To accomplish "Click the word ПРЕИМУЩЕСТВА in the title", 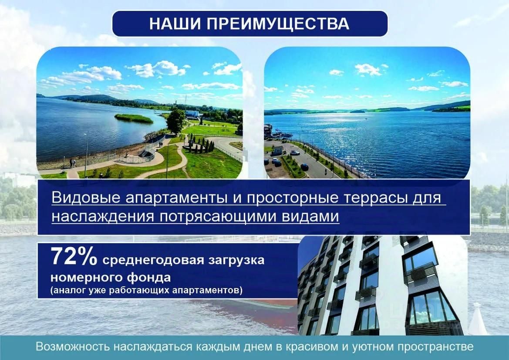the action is point(278,24).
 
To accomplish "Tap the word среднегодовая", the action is point(153,261).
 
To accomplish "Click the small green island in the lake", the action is point(133,118).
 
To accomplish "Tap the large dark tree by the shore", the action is point(175,122).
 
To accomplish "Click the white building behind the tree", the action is point(193,114).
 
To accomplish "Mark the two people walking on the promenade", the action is point(73,163).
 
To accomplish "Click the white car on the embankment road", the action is point(295,153).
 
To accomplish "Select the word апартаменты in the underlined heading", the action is point(176,198).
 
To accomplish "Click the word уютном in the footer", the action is point(372,346).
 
